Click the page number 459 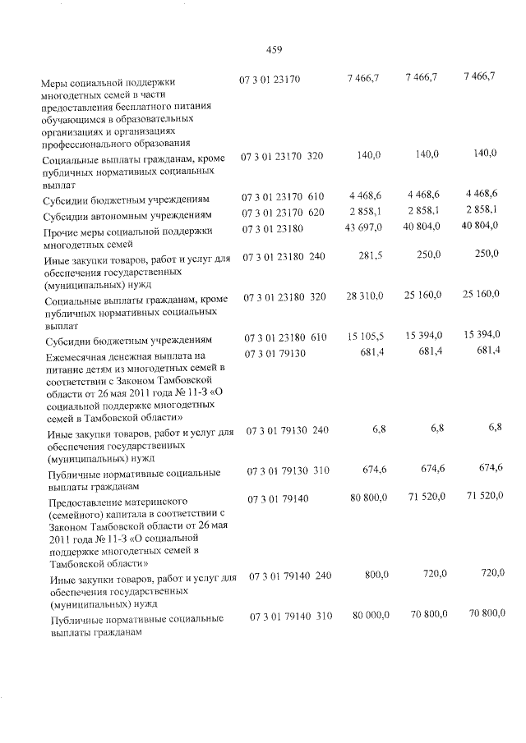pos(275,50)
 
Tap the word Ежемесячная pos(78,357)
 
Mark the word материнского pos(155,501)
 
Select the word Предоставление pos(87,501)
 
